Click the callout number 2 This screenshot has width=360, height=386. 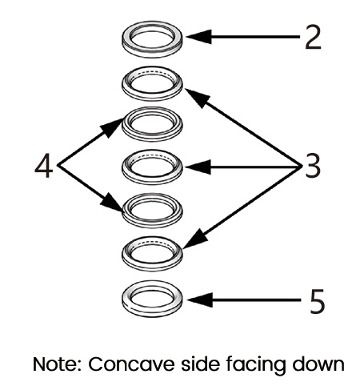click(x=313, y=38)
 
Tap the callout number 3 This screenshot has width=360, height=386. click(x=312, y=167)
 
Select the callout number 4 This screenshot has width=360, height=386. click(x=44, y=166)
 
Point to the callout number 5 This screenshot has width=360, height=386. click(x=317, y=301)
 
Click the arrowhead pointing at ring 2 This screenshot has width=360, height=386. click(x=198, y=37)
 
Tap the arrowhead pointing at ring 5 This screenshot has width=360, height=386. click(x=199, y=300)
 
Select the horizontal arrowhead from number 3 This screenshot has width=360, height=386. click(x=198, y=167)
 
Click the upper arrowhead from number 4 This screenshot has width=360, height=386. click(x=112, y=127)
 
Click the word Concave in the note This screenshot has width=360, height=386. click(x=131, y=364)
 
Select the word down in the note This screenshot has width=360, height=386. click(x=318, y=364)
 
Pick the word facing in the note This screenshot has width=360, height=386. click(x=255, y=365)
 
